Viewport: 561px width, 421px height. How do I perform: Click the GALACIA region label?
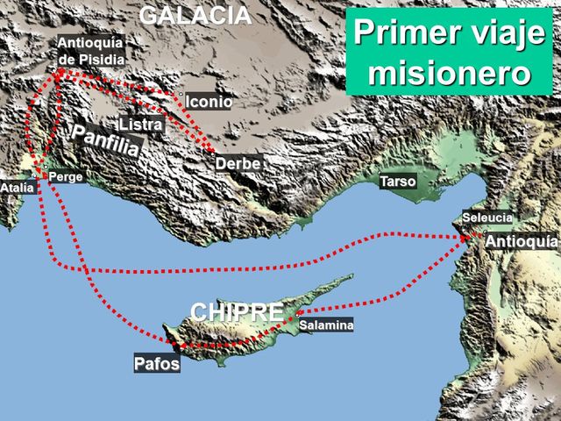click(x=195, y=15)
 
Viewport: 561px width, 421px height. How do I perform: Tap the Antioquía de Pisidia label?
click(x=91, y=51)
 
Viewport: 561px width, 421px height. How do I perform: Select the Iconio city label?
click(x=209, y=103)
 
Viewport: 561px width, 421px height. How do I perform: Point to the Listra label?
click(x=141, y=125)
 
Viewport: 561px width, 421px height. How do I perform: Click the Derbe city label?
click(x=238, y=163)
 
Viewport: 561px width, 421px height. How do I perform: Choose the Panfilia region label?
click(x=106, y=140)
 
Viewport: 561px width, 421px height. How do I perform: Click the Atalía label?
click(x=18, y=188)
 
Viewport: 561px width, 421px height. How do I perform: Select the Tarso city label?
click(x=397, y=182)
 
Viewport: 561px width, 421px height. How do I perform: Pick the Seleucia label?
click(x=488, y=218)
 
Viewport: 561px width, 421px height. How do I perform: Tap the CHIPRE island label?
click(x=237, y=311)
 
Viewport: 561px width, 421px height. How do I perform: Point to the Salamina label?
click(x=326, y=325)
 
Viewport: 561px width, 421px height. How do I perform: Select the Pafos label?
click(x=157, y=363)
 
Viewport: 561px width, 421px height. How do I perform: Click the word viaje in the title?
click(x=506, y=33)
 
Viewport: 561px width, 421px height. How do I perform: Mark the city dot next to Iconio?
click(x=181, y=94)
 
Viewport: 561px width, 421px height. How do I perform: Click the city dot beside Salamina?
click(x=298, y=313)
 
